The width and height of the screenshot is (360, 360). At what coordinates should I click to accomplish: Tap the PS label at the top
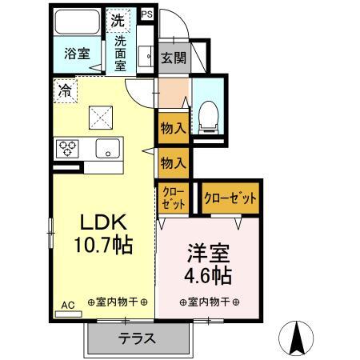pos(146,14)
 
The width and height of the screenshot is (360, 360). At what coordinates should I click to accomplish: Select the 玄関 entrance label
pos(173,58)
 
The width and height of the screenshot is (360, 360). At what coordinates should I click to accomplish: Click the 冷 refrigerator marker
pos(63,90)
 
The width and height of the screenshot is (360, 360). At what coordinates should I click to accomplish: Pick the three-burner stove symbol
pos(67,148)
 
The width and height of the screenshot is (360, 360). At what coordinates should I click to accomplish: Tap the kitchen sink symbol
pos(107,148)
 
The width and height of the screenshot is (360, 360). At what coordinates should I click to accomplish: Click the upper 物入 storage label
pos(173,126)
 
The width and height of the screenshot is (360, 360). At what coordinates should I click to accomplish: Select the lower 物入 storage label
pos(173,162)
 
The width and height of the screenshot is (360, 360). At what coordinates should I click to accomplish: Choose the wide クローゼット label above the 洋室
pos(230,198)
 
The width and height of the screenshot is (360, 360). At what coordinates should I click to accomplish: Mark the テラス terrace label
pos(137,338)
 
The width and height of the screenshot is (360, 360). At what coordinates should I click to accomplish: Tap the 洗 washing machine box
pos(118,19)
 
